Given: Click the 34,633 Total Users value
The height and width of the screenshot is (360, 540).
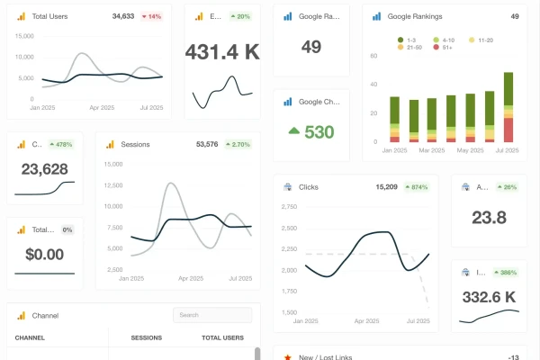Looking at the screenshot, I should point(123,16).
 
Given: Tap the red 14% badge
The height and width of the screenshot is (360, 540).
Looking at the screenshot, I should point(151,16).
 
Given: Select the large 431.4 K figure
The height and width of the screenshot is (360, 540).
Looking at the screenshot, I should point(222,52).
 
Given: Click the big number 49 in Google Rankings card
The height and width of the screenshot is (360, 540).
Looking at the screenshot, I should point(311,47).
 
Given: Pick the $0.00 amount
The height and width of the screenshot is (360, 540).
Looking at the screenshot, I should point(45,255).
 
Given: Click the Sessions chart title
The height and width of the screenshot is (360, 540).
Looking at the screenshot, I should point(135,144).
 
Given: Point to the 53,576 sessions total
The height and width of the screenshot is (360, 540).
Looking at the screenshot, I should point(208,144).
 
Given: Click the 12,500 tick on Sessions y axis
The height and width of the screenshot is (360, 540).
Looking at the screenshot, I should point(114,185).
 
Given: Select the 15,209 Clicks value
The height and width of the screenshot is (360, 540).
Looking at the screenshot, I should point(386,187).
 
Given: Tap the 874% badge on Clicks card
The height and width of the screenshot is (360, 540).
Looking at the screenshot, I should point(416,187).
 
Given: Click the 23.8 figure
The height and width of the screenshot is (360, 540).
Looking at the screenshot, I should point(489,217).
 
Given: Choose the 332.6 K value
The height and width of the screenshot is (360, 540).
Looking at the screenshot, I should point(489,297).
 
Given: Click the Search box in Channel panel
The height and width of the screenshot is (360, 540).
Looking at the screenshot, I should point(212,315).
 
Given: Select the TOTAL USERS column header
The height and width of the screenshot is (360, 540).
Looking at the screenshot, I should point(222,337).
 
